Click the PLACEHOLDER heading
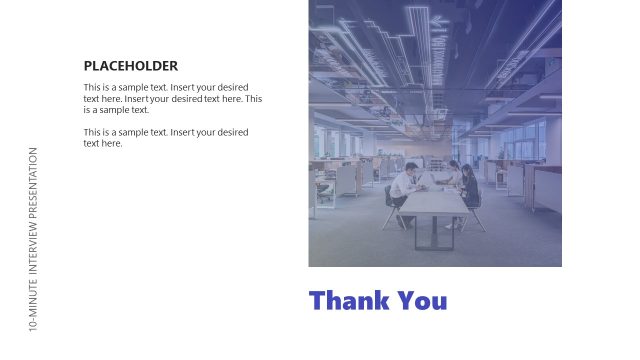[130, 66]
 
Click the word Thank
[349, 301]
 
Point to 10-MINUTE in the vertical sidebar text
[34, 307]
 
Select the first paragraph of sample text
[172, 98]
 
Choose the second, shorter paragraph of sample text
[165, 137]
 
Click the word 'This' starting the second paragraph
[92, 132]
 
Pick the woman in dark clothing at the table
[470, 188]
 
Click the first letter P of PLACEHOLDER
[88, 66]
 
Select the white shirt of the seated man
[403, 187]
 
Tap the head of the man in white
[410, 168]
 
